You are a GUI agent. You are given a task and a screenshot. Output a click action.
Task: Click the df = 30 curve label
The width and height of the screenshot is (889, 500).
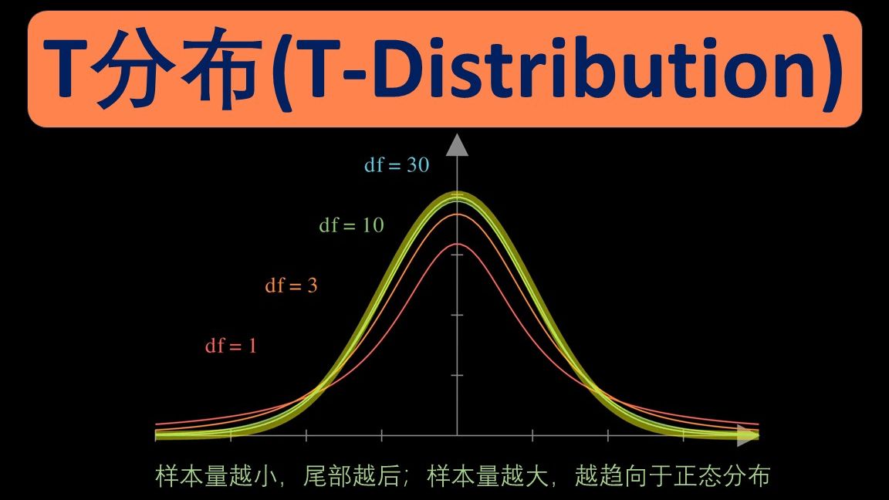pos(397,165)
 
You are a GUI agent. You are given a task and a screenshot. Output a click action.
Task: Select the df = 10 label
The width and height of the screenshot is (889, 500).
pos(352,225)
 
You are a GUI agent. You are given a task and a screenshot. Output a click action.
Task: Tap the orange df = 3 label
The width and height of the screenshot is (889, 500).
pos(291,285)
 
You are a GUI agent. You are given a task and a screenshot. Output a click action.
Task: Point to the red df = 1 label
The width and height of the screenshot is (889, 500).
pos(231,345)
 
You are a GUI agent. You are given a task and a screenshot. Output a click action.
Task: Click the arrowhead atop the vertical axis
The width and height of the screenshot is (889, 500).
pos(457,145)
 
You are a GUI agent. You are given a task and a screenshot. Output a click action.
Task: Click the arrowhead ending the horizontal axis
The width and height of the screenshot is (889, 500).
pos(748,435)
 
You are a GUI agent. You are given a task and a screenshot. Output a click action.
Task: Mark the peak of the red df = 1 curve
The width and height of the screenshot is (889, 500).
pos(457,244)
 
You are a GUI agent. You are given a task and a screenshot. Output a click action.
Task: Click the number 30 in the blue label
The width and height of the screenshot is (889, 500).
pos(417,165)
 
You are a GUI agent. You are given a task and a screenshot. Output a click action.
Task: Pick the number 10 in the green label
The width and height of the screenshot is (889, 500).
pos(373,225)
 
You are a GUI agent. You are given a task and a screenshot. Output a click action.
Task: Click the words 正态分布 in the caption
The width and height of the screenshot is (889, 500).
pos(721,476)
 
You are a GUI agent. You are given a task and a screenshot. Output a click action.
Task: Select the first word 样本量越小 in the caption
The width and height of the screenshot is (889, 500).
pos(216,476)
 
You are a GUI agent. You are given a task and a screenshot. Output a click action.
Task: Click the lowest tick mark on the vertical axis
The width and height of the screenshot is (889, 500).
pos(457,375)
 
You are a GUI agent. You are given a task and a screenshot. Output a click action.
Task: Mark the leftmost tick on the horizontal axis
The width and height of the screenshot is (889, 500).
pos(231,435)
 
